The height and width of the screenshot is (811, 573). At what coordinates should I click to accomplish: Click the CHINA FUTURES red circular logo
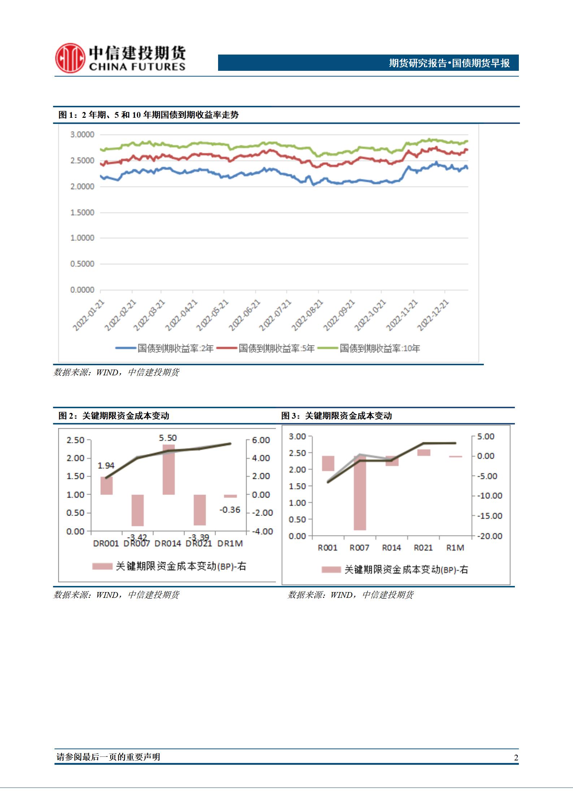70,58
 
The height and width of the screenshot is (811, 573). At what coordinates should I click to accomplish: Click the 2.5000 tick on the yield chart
82,160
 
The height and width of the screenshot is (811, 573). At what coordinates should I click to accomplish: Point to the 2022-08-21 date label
307,315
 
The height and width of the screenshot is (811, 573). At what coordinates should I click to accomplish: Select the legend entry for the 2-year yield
165,349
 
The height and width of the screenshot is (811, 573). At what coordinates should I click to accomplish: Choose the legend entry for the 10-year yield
379,349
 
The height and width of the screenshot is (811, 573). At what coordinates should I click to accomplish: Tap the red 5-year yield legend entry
277,349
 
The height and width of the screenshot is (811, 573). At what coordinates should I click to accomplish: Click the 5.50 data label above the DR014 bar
168,438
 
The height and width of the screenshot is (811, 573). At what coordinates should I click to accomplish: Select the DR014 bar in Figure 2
169,470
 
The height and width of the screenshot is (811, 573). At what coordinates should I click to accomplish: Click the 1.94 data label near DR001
106,466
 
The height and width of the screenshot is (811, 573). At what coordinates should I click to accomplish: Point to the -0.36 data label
230,510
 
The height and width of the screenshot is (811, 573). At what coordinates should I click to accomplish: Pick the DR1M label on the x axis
230,543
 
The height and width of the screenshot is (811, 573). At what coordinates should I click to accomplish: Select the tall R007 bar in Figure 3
360,493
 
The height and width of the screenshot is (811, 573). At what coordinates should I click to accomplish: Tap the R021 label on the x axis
423,548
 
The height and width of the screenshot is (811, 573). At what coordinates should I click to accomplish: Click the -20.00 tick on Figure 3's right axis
490,536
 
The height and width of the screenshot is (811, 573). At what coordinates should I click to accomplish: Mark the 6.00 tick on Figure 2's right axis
261,440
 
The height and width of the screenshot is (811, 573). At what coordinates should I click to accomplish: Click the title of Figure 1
148,115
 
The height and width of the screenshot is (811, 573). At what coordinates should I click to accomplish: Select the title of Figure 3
337,416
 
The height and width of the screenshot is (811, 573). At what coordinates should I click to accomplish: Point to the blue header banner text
449,63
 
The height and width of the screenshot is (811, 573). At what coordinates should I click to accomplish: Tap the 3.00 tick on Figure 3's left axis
297,436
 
